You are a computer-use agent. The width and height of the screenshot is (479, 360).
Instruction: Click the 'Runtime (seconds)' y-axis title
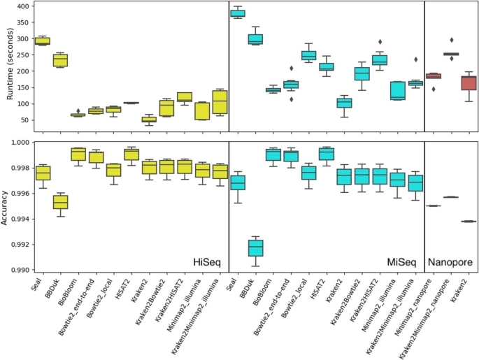tap(8, 66)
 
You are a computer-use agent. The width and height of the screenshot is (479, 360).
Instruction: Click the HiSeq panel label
tap(207, 262)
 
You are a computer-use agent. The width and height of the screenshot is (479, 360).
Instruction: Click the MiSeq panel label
tap(403, 262)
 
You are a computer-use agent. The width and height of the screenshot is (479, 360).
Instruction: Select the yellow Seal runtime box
tap(43, 41)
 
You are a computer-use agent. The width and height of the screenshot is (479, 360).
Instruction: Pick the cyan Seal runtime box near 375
tap(238, 13)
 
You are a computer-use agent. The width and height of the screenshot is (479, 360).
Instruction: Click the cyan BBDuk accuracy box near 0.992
tap(256, 248)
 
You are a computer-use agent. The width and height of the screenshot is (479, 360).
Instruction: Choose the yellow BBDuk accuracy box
tap(61, 202)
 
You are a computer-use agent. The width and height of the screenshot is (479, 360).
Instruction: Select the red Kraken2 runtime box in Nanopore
tap(469, 82)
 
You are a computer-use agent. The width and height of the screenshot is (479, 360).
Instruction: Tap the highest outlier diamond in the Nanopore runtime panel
tap(451, 40)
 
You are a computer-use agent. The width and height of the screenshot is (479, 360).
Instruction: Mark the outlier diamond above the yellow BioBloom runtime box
tap(78, 110)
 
